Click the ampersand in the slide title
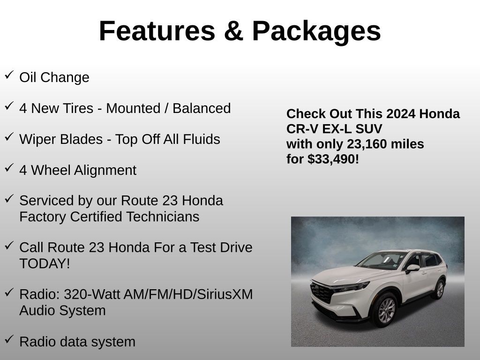click(x=233, y=31)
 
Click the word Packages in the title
click(x=316, y=32)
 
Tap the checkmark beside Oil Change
click(x=9, y=75)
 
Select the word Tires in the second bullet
click(x=80, y=108)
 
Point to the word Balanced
click(x=202, y=108)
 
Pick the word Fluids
click(x=202, y=139)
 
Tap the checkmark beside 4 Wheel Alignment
click(x=9, y=167)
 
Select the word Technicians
click(x=163, y=217)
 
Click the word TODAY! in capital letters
click(x=45, y=263)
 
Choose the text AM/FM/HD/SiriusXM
click(x=186, y=294)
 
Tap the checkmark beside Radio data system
click(x=9, y=339)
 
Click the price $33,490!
click(x=333, y=159)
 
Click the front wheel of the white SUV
click(x=386, y=310)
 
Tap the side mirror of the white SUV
click(x=412, y=268)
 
